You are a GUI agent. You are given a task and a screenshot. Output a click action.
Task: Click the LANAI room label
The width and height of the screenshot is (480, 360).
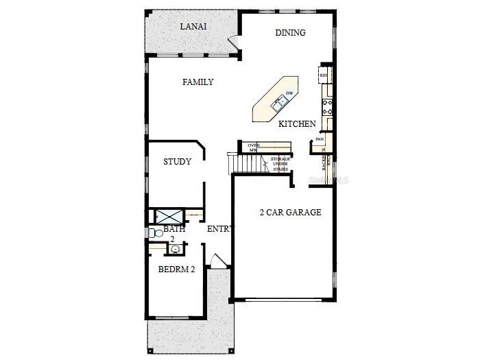click(x=193, y=27)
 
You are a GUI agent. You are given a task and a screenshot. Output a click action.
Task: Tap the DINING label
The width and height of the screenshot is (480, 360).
click(x=290, y=32)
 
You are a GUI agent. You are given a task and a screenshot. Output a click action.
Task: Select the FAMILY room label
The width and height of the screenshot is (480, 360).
click(x=197, y=82)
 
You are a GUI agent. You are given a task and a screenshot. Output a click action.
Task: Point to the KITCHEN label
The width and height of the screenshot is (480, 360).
click(x=297, y=124)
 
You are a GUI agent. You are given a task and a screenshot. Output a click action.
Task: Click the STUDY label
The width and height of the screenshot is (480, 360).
click(x=177, y=162)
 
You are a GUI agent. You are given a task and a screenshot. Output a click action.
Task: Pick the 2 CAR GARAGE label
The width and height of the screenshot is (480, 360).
click(x=290, y=213)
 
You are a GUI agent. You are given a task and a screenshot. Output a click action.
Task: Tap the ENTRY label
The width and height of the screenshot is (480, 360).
click(x=221, y=229)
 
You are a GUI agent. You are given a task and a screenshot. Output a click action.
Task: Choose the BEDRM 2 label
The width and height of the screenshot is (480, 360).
click(x=177, y=269)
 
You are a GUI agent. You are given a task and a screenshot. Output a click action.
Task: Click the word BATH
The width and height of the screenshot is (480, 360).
click(x=173, y=229)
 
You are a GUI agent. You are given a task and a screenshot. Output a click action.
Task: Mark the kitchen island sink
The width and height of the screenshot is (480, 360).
click(x=279, y=104)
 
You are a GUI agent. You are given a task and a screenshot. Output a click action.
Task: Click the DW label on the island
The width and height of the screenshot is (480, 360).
click(x=289, y=93)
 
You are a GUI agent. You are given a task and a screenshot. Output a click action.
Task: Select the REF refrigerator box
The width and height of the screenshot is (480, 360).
click(x=323, y=75)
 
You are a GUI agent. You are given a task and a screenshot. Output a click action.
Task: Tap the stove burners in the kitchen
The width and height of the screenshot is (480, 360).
click(x=328, y=106)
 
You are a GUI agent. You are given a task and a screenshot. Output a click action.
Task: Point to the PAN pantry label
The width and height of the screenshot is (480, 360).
click(x=320, y=139)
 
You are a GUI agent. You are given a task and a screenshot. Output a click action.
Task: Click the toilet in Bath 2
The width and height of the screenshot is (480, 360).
click(x=153, y=233)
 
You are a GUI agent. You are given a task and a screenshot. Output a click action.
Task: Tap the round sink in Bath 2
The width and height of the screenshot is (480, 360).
click(x=174, y=248)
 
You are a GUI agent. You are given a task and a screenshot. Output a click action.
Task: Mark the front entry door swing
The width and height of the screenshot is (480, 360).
click(x=217, y=261)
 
